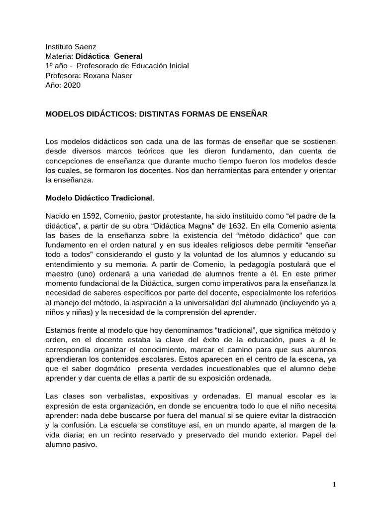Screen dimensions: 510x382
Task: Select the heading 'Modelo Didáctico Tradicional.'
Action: click(100, 198)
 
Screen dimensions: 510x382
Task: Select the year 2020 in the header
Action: click(72, 85)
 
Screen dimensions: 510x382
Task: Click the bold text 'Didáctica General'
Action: click(109, 56)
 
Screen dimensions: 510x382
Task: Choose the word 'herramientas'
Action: click(212, 171)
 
